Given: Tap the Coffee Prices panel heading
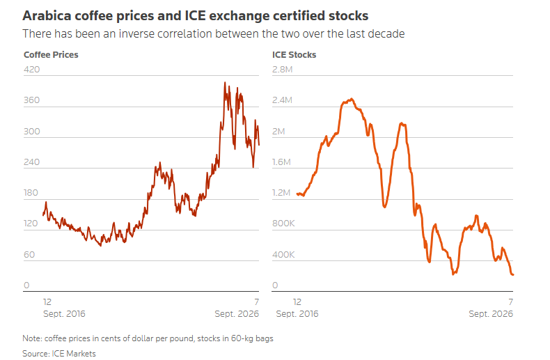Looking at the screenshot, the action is [51, 55].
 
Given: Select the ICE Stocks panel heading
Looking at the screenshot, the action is [294, 55].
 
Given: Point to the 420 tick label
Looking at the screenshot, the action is [31, 69].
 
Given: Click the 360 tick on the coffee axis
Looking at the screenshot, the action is [31, 100].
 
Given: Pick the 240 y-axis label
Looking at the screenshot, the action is [31, 162].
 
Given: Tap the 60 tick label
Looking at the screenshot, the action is [29, 254].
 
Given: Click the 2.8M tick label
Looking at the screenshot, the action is [283, 69].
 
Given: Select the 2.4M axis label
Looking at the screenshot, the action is [283, 100].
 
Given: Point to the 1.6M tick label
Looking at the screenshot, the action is [282, 162].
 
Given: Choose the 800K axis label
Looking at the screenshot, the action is [283, 223].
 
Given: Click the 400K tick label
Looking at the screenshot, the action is [283, 254].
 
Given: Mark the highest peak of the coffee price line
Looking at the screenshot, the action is [225, 83].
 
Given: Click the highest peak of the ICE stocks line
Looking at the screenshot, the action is [352, 100].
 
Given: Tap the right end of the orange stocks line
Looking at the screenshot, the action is [513, 275].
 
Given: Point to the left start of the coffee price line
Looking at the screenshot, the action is [43, 214].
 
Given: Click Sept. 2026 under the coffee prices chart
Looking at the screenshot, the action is [237, 313].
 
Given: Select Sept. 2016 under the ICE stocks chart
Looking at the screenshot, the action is [297, 313].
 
